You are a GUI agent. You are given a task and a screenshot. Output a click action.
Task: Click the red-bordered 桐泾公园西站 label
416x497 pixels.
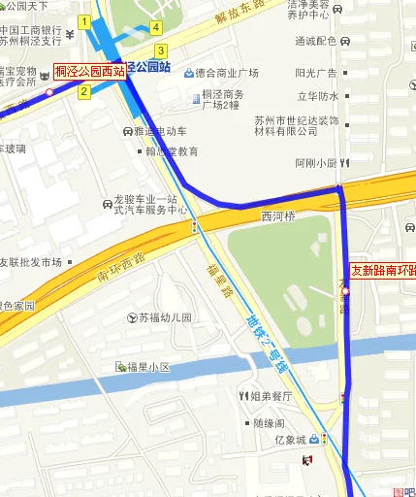pyautogui.click(x=88, y=71)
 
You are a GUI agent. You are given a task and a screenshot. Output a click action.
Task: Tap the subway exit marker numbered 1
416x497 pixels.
pyautogui.click(x=84, y=21)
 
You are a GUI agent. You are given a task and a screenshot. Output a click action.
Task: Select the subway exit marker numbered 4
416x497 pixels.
pyautogui.click(x=156, y=27)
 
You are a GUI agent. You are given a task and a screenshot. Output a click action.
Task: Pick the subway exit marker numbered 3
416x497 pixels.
pyautogui.click(x=160, y=50)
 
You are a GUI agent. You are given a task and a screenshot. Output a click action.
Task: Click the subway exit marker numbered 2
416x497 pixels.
pyautogui.click(x=84, y=92)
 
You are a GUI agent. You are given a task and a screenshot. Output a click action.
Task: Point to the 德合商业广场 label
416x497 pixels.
pyautogui.click(x=226, y=73)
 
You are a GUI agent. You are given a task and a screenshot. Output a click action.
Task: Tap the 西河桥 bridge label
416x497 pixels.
pyautogui.click(x=277, y=215)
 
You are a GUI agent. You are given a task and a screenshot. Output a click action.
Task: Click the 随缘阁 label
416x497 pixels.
pyautogui.click(x=269, y=423)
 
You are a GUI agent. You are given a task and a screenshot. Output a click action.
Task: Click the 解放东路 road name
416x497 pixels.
pyautogui.click(x=240, y=17)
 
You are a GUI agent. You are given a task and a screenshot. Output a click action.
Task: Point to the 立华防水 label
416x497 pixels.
pyautogui.click(x=318, y=96)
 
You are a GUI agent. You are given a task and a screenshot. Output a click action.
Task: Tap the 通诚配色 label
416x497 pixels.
pyautogui.click(x=316, y=41)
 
